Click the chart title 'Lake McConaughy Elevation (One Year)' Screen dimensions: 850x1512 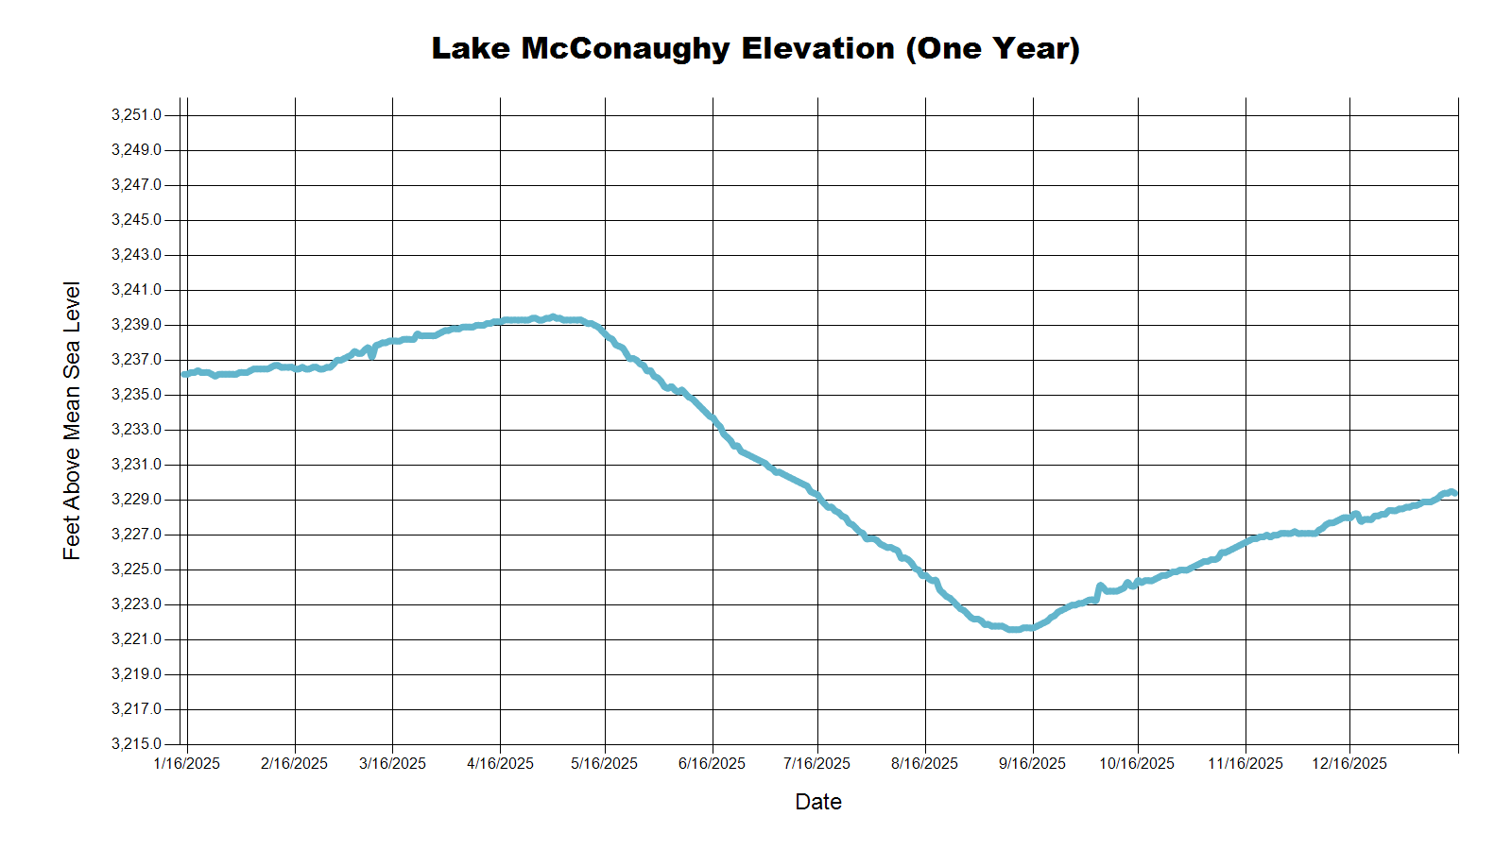(x=755, y=48)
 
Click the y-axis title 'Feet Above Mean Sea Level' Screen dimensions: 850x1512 (x=72, y=420)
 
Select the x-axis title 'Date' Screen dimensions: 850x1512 (x=817, y=802)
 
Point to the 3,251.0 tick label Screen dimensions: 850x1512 (x=136, y=115)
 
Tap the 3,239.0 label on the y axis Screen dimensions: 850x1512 (x=136, y=325)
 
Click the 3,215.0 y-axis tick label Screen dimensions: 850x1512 (x=136, y=744)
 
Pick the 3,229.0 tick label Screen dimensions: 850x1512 (x=136, y=500)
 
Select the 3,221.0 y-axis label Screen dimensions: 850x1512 (x=136, y=639)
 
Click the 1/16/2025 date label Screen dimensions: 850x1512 (x=186, y=763)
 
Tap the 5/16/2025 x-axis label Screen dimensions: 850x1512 (x=604, y=763)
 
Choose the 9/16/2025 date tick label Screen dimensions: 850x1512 (x=1032, y=763)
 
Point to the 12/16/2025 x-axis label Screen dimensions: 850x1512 (x=1349, y=763)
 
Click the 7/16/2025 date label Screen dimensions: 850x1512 (x=816, y=763)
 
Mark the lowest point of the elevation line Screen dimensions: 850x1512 (x=1014, y=629)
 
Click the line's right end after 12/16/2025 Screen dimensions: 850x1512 (x=1454, y=493)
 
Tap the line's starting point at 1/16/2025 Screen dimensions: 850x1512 (x=184, y=374)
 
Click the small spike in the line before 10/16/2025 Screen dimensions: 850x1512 (x=1100, y=586)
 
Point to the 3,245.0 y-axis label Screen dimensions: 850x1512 (x=136, y=220)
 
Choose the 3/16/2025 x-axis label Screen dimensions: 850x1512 (x=392, y=763)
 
